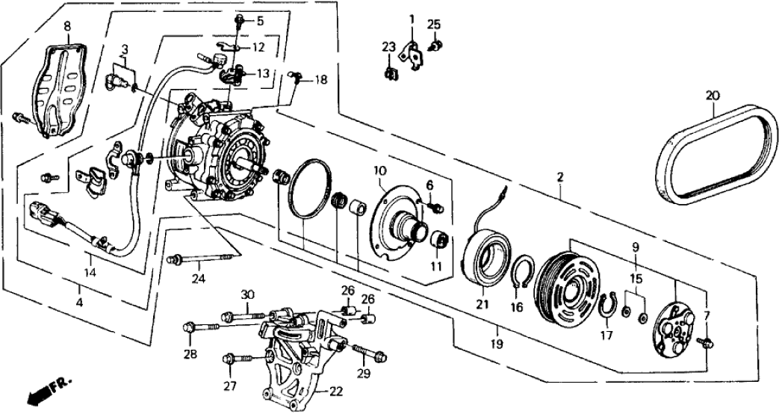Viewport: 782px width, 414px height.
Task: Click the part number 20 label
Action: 711,95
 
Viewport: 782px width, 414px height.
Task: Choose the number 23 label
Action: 388,48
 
